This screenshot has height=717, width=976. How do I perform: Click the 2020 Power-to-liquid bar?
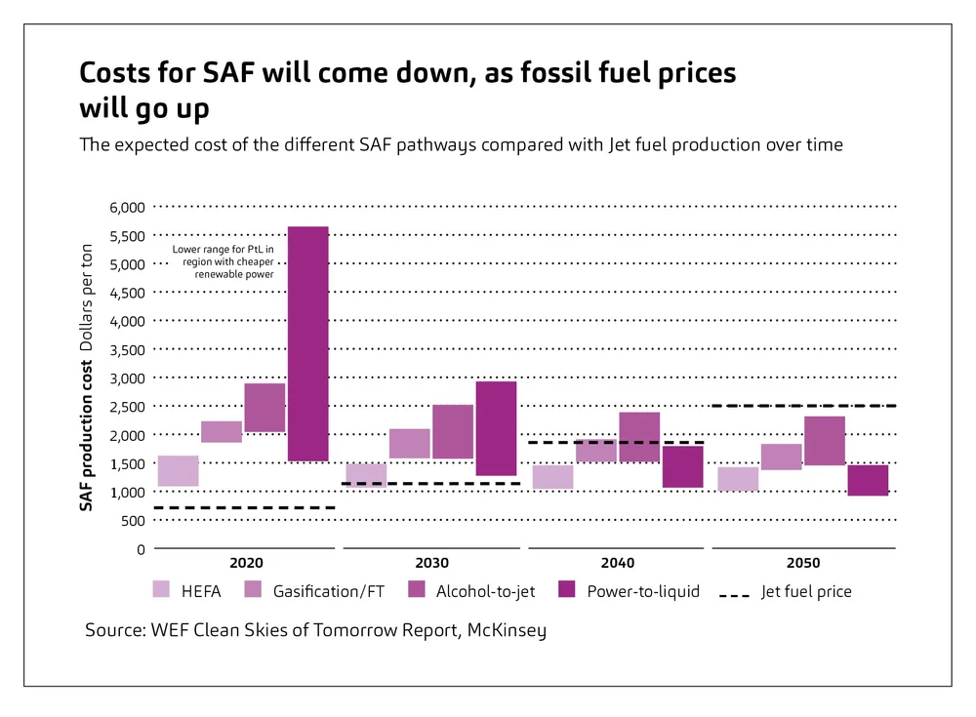307,343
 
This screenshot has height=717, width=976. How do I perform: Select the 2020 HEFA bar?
178,471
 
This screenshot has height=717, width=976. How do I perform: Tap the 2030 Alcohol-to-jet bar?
453,431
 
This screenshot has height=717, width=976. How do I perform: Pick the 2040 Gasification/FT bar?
595,450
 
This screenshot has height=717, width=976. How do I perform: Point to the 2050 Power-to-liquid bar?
869,480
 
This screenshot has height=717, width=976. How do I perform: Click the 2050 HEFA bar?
738,479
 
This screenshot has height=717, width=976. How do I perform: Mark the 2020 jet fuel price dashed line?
244,508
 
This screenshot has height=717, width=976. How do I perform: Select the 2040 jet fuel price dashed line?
615,443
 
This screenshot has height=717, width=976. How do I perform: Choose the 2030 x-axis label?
432,564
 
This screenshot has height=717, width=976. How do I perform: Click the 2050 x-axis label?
804,564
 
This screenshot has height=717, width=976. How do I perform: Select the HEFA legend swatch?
162,590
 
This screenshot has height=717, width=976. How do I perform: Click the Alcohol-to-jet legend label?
484,591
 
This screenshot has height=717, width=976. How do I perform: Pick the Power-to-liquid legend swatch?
567,590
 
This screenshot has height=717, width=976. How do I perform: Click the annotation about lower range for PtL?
223,261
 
